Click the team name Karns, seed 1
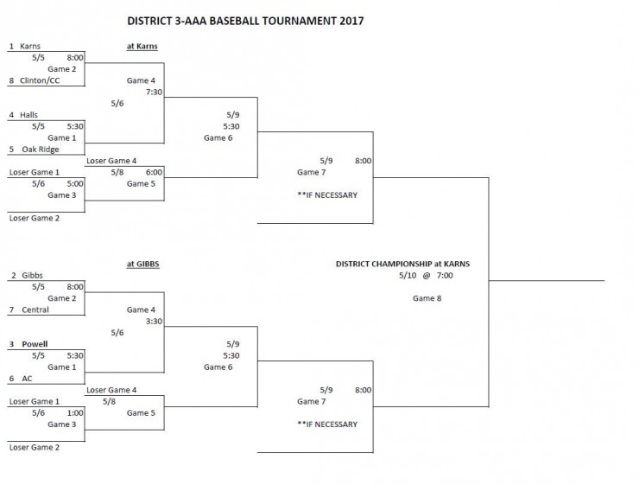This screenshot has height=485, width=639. [x=30, y=47]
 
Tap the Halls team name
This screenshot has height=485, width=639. [x=28, y=115]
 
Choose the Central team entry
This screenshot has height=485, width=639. [x=34, y=310]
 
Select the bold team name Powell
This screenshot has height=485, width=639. [x=35, y=344]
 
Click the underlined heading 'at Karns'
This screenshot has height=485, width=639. [x=142, y=47]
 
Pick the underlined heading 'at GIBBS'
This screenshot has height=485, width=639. [x=142, y=264]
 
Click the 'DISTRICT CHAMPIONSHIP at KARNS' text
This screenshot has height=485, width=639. [x=402, y=264]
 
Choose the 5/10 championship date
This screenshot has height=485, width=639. [x=408, y=276]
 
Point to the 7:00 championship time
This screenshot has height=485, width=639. [x=445, y=276]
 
